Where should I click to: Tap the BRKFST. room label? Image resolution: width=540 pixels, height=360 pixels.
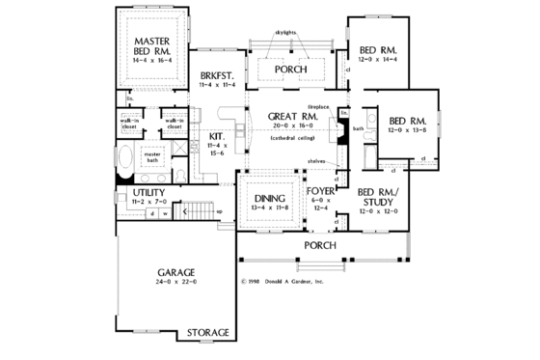[212, 75]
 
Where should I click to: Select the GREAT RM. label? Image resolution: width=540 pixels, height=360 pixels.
[288, 116]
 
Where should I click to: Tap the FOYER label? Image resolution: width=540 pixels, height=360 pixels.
[320, 190]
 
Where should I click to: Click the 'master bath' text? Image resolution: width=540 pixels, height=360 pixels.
[152, 155]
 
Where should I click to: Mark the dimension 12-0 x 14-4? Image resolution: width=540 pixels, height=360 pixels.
[376, 60]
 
